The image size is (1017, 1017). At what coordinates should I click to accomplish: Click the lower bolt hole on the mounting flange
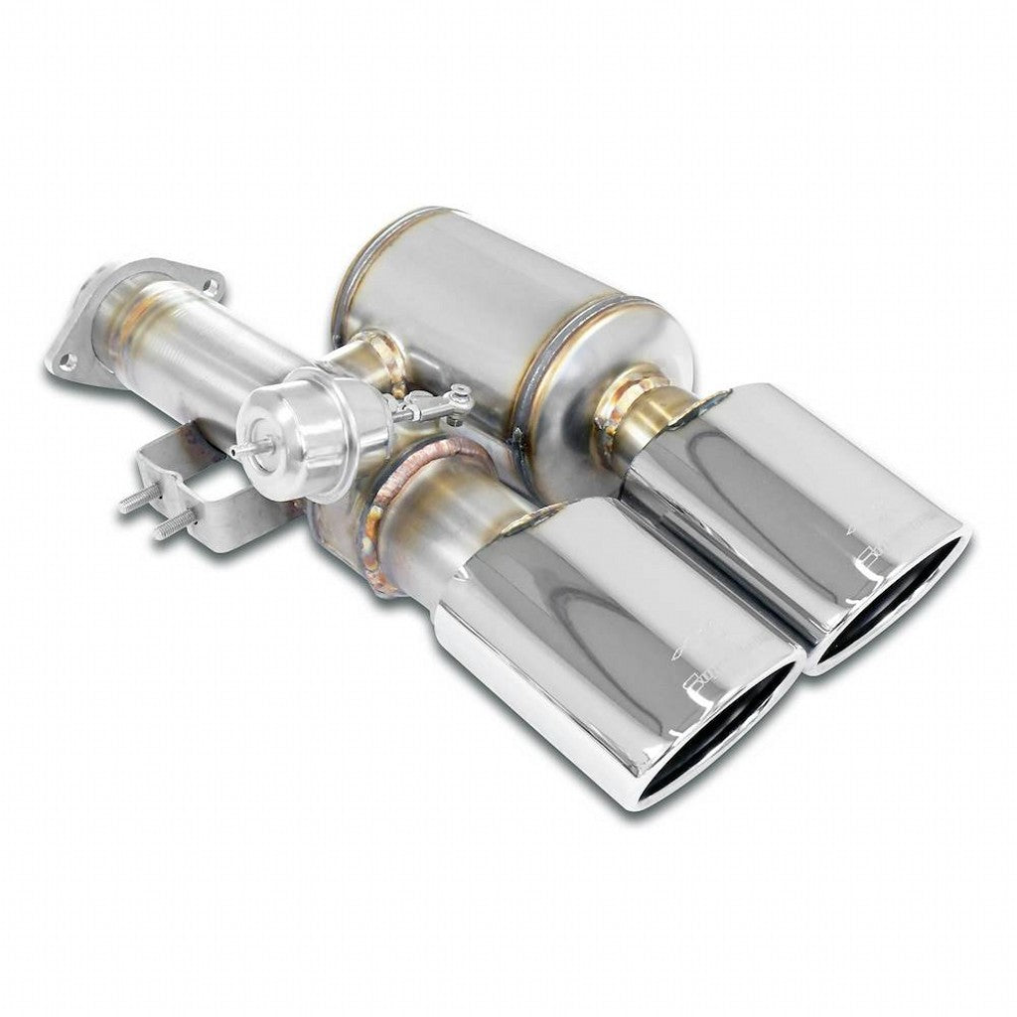(x=68, y=362)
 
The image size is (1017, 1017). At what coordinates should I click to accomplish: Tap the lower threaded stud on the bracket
(x=170, y=525)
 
